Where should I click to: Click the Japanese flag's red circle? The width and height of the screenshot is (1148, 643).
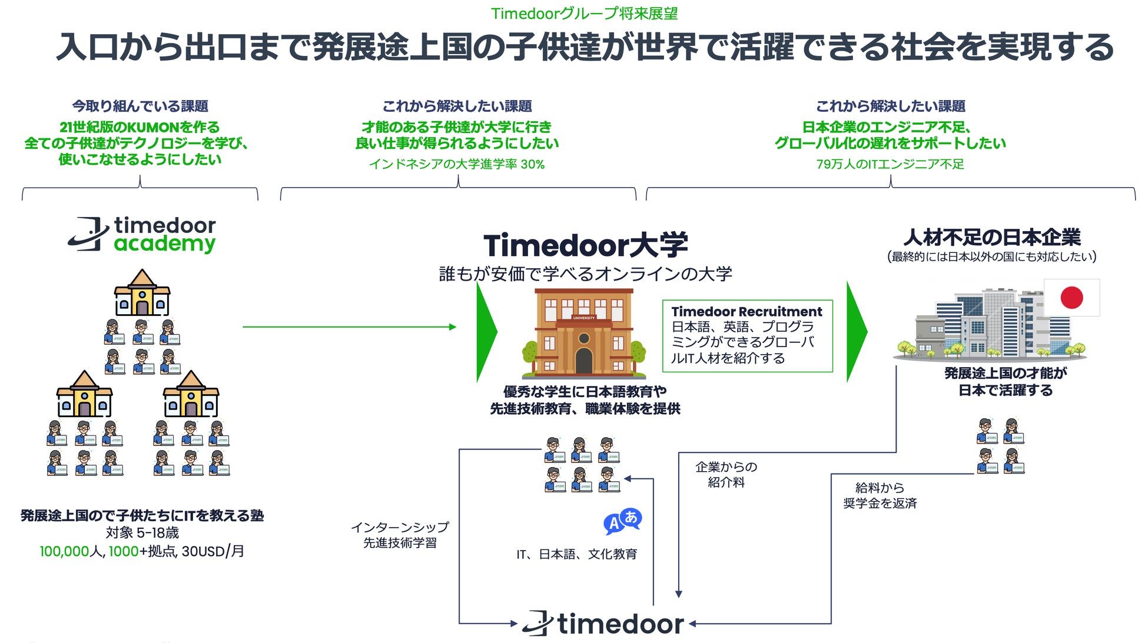point(1071,298)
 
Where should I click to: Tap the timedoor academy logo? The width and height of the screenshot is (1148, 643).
point(142,234)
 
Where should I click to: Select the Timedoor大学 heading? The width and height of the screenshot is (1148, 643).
point(585,245)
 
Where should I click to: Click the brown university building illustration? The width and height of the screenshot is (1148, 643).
point(583,332)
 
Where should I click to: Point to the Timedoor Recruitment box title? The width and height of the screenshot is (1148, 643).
point(746,312)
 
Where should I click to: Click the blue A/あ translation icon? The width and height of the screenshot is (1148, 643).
point(622,521)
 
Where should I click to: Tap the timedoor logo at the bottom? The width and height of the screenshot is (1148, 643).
point(603,624)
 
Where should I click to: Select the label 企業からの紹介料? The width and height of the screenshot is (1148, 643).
point(726,475)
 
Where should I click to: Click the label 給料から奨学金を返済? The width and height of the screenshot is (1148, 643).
point(880,495)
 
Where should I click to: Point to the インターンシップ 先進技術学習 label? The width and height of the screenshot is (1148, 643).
point(400,535)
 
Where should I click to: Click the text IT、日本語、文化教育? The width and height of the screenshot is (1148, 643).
point(576,554)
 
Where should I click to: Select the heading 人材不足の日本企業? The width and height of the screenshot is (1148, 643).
point(992,237)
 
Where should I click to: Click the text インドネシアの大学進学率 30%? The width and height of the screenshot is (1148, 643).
point(457,164)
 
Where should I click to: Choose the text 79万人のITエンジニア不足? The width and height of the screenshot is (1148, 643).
point(890,164)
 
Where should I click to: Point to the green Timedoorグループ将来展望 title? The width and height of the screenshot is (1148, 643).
point(584,13)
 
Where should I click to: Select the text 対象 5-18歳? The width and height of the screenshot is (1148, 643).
point(142,533)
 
